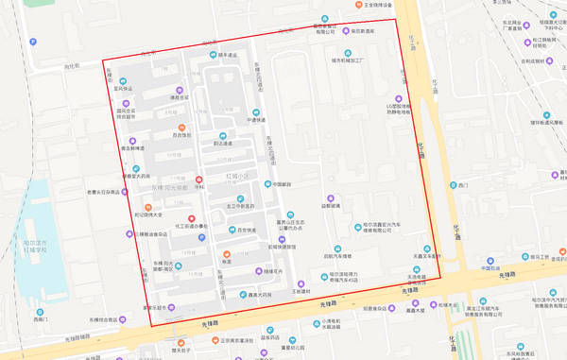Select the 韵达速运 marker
pos(223,143)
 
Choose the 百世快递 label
pos(247,231)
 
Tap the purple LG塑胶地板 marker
pos(398,99)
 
